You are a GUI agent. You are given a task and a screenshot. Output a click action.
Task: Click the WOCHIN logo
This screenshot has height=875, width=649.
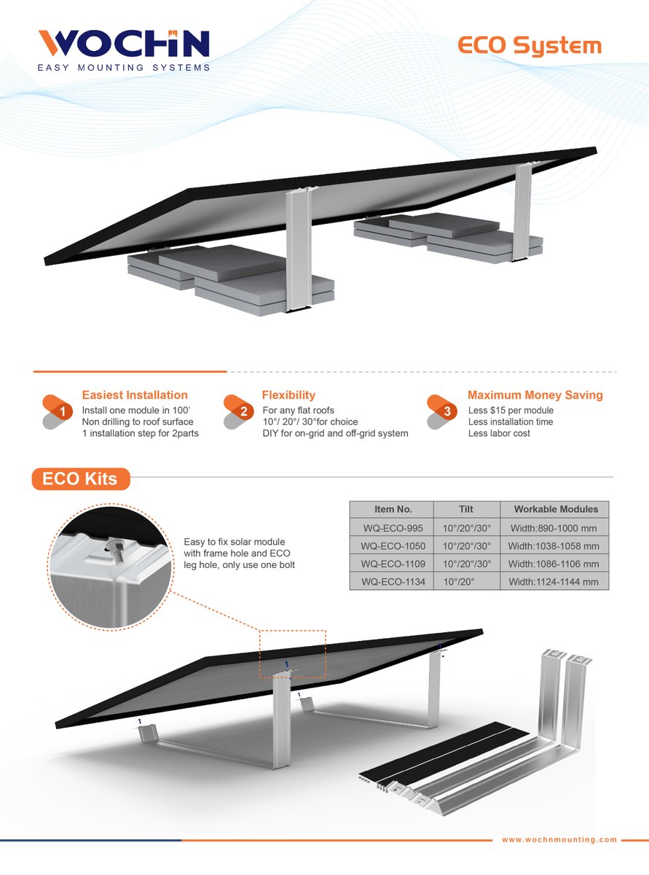(x=124, y=49)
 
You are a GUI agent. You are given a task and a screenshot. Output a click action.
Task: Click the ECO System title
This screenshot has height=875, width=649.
(x=530, y=46)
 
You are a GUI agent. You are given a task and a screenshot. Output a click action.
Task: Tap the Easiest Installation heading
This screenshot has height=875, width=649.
(x=135, y=395)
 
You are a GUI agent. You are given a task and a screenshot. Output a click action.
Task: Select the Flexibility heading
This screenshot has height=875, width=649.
(x=288, y=395)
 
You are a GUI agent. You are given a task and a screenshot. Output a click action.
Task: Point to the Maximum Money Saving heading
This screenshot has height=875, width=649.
(x=535, y=395)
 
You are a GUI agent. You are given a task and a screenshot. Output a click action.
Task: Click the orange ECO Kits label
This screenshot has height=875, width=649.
(x=81, y=479)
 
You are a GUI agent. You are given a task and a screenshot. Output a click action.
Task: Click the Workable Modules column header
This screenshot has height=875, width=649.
(x=556, y=510)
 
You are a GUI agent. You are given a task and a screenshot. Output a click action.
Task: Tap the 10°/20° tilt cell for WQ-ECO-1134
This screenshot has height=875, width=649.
(x=467, y=581)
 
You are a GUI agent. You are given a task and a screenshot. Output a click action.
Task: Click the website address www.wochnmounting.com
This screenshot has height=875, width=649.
(x=559, y=839)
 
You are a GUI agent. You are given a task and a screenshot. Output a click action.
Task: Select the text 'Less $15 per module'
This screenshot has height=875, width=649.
(x=511, y=411)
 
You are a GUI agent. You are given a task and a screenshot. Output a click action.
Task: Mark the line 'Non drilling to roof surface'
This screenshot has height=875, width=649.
(x=138, y=421)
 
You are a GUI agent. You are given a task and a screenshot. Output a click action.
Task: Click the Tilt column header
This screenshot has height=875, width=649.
(x=467, y=510)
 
